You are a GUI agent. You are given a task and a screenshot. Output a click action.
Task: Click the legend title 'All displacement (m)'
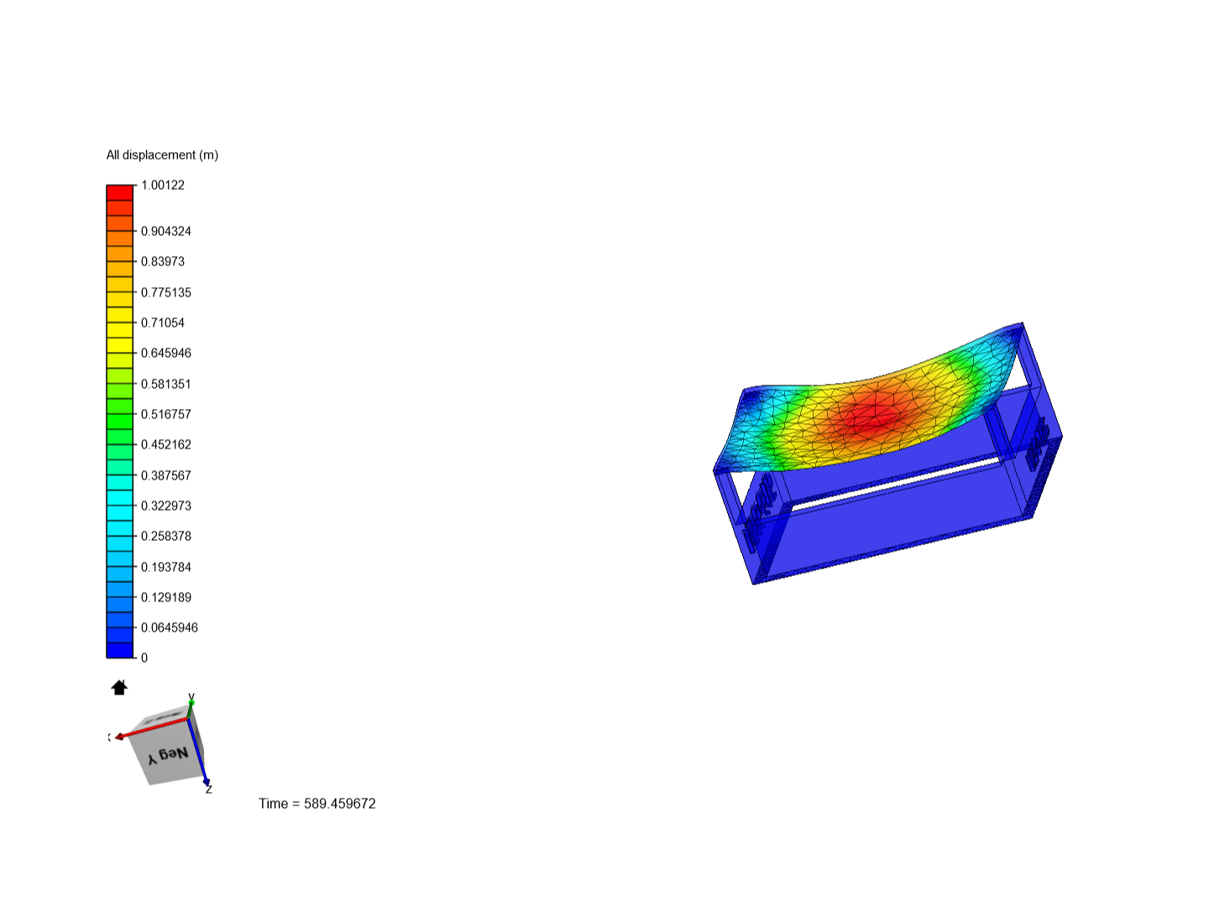pyautogui.click(x=162, y=155)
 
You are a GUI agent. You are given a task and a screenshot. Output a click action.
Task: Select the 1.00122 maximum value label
pyautogui.click(x=163, y=185)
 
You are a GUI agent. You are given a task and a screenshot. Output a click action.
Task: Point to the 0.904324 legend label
pyautogui.click(x=165, y=231)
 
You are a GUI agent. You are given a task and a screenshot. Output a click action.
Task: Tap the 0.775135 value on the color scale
pyautogui.click(x=165, y=292)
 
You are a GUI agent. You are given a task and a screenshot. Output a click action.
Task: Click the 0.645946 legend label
pyautogui.click(x=165, y=353)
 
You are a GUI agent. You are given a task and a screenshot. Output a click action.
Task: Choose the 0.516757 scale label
pyautogui.click(x=165, y=414)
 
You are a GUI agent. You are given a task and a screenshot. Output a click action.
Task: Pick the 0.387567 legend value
pyautogui.click(x=165, y=475)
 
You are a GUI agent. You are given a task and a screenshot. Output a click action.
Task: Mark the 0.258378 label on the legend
pyautogui.click(x=165, y=536)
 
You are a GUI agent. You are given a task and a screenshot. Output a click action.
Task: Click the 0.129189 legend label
pyautogui.click(x=165, y=597)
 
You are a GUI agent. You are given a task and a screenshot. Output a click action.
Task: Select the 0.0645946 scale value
pyautogui.click(x=169, y=627)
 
